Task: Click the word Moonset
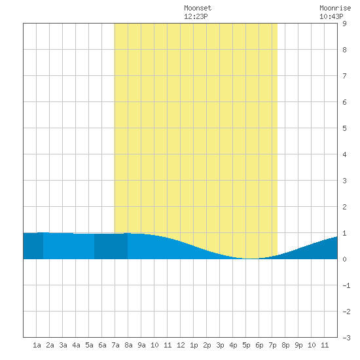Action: coord(198,9)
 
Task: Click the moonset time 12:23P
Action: coord(196,16)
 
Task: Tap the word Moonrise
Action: coord(335,9)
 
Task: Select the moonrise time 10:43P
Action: coord(331,16)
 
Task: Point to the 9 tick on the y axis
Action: coord(344,24)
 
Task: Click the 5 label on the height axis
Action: coord(344,128)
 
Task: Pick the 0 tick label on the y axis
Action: coord(344,259)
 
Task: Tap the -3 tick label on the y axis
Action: coord(346,338)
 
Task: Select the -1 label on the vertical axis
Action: coord(346,285)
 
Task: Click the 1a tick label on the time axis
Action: coord(37,345)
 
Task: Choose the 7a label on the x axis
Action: coord(115,345)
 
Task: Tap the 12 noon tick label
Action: coord(181,345)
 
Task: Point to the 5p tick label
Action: coord(246,345)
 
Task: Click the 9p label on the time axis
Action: coord(298,345)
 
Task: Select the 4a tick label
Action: coord(76,345)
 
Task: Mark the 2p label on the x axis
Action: coord(207,345)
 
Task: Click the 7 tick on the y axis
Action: coord(344,76)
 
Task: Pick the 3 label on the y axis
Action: coord(344,181)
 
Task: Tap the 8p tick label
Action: coord(285,345)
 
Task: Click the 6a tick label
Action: coord(102,345)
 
